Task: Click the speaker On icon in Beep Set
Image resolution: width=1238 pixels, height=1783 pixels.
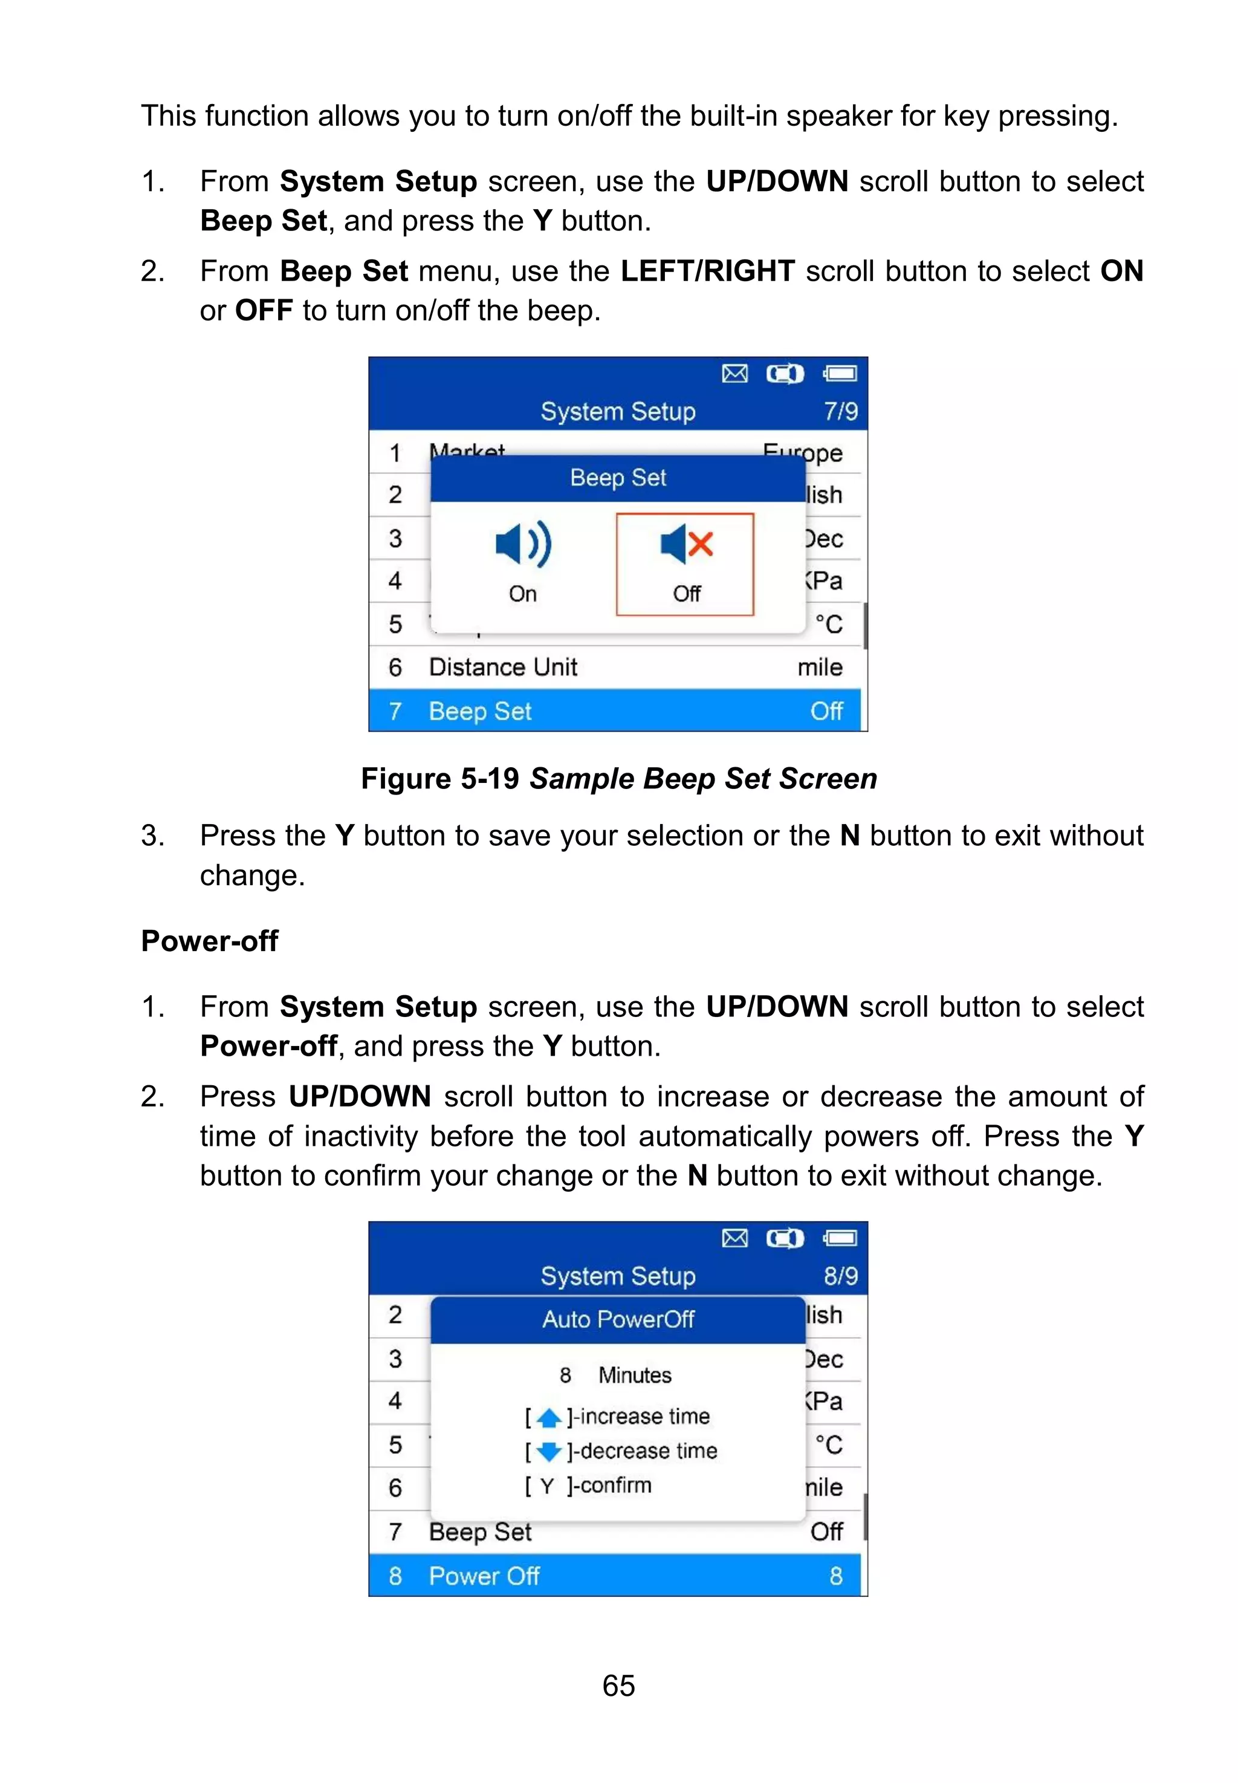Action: (523, 544)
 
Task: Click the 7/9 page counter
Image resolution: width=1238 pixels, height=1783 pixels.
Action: (840, 411)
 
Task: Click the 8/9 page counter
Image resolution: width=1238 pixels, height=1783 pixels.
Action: (840, 1276)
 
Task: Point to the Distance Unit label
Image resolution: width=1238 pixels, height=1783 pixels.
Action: (503, 667)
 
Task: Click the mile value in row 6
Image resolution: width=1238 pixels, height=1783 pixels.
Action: (819, 667)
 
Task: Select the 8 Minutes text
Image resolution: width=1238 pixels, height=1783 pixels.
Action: (616, 1375)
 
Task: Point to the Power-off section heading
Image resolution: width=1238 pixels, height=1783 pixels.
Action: (209, 941)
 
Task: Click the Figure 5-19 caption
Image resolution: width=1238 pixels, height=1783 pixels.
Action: (618, 778)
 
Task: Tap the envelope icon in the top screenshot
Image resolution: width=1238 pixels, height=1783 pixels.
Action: (734, 374)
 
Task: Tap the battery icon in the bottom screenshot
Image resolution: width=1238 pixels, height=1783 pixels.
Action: (840, 1238)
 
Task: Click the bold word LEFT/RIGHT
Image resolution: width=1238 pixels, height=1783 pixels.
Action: (707, 271)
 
